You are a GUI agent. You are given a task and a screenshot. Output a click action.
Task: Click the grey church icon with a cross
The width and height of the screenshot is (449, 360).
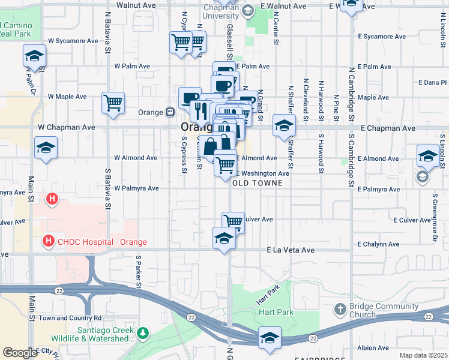(340, 309)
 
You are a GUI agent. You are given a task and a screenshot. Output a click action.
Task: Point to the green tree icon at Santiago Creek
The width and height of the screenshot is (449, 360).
(143, 332)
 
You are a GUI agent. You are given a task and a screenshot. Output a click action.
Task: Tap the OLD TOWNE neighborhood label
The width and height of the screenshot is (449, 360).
(258, 183)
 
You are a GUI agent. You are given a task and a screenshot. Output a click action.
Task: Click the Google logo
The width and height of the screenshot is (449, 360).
(19, 353)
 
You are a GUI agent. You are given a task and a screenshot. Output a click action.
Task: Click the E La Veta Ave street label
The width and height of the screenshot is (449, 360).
(291, 250)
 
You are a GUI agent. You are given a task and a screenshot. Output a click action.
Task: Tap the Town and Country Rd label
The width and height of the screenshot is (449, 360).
(70, 318)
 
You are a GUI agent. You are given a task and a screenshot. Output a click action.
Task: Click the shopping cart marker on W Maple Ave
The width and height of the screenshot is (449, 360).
(113, 103)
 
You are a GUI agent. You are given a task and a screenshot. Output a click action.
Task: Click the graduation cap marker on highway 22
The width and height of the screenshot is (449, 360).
(270, 338)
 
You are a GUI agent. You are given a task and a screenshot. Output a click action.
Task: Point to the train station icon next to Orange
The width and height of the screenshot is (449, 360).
(170, 112)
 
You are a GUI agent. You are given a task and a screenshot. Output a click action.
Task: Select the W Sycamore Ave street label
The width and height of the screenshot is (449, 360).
(73, 41)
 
